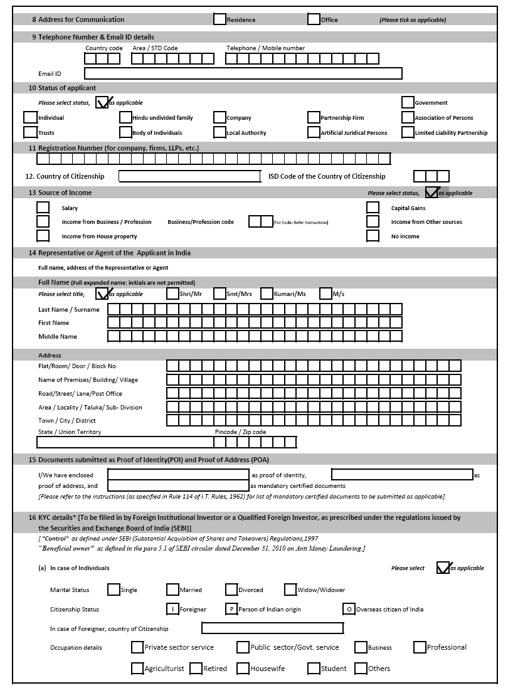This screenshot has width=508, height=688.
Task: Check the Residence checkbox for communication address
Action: coord(220,19)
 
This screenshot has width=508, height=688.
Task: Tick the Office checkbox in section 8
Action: coord(314,19)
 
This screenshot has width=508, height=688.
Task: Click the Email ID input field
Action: coord(243,73)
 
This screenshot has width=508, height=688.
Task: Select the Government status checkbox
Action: coord(408,102)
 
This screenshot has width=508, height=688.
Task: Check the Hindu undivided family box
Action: coord(125,117)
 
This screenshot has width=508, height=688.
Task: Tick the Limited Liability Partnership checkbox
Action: coord(408,132)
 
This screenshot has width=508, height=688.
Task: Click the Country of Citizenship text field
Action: coord(189,176)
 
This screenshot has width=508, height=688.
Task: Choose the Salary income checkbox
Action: coord(43,208)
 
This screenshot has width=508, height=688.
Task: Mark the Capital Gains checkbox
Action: coord(373,208)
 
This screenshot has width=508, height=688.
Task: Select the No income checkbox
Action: coord(373,236)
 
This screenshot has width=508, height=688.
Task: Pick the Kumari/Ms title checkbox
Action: coord(267,294)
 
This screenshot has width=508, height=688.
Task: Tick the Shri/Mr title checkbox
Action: coord(172,294)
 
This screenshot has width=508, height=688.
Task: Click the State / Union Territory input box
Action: coord(125,442)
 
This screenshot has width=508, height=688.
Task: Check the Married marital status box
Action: coord(172,590)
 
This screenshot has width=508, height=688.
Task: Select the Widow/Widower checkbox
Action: coord(290,590)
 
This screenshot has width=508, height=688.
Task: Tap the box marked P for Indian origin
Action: coord(231,609)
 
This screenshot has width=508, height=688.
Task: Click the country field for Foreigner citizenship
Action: coord(272,628)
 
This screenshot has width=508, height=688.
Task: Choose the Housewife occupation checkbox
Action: coord(243,669)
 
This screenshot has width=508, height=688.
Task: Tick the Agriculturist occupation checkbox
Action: coord(137,669)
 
